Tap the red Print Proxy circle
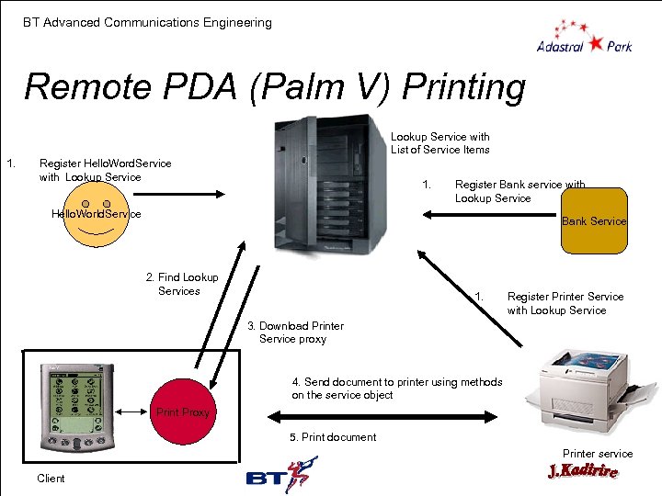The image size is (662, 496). [x=183, y=412]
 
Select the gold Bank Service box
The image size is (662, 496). [x=594, y=220]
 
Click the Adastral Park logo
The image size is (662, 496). [x=584, y=37]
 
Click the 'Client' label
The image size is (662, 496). [x=51, y=479]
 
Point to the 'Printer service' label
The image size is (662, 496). [x=598, y=453]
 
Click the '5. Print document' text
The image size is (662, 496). [x=333, y=437]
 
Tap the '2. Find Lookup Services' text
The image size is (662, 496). [x=182, y=284]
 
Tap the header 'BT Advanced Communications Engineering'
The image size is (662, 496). [x=148, y=22]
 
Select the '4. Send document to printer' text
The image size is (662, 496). [x=397, y=389]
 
